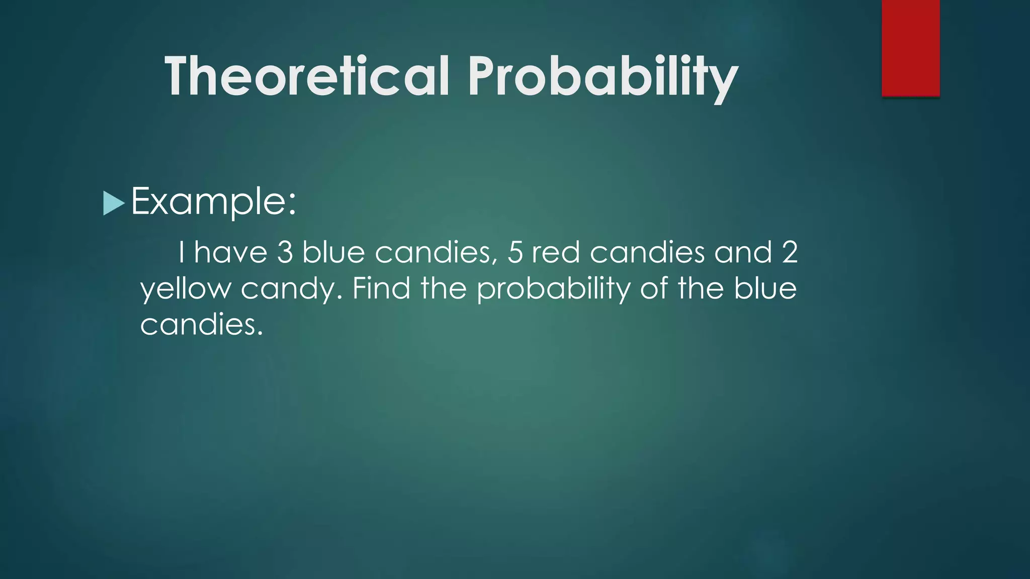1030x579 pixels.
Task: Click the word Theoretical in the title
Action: click(307, 76)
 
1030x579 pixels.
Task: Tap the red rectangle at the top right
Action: click(910, 48)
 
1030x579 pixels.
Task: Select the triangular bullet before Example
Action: click(113, 204)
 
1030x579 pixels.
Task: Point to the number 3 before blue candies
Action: click(285, 252)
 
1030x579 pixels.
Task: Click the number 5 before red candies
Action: click(515, 252)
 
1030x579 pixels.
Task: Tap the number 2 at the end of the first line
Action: click(790, 252)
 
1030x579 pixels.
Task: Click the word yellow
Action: click(185, 289)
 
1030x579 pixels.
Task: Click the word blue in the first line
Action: click(333, 252)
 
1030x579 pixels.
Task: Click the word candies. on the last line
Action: click(202, 325)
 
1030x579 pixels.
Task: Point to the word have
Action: click(231, 252)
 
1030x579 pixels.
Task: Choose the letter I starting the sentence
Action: click(181, 252)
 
